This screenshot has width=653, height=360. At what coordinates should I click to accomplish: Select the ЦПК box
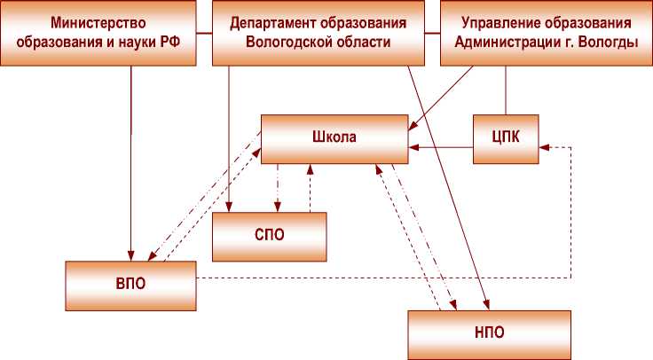505,138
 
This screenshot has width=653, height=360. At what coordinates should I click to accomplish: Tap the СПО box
269,237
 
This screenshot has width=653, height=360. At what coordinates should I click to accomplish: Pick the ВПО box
130,286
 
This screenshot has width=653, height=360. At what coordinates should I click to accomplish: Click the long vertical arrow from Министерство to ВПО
130,160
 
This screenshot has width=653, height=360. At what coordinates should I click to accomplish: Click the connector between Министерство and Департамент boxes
203,34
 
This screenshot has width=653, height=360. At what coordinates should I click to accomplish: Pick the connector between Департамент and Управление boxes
432,34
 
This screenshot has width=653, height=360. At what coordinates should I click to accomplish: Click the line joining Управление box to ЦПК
505,90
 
